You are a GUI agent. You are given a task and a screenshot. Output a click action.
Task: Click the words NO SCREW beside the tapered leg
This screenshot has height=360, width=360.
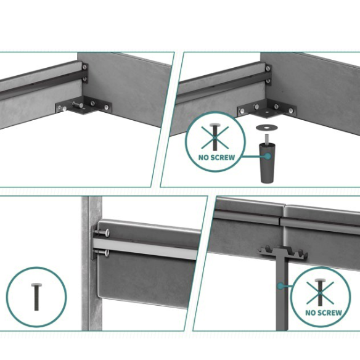click(217, 158)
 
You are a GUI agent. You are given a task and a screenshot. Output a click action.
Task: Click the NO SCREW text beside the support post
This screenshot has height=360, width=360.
click(324, 313)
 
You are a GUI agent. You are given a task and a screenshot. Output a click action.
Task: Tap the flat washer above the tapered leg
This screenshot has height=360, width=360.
click(266, 127)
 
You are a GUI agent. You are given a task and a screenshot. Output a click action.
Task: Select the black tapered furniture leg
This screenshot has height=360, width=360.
click(268, 163)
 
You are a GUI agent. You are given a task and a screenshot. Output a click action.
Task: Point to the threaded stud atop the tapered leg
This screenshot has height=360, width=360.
click(267, 139)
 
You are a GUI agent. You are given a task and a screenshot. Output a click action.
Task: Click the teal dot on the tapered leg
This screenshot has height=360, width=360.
click(268, 157)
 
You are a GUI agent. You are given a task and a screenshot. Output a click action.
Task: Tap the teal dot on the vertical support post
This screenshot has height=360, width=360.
click(280, 286)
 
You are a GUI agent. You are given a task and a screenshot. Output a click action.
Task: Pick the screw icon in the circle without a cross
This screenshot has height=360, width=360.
click(36, 297)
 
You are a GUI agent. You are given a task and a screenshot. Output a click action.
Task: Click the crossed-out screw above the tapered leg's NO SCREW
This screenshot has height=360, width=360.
click(215, 137)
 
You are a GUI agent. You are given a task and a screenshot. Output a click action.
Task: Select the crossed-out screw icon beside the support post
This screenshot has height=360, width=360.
click(320, 292)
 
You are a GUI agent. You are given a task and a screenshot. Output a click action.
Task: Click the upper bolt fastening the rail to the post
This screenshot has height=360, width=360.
click(102, 232)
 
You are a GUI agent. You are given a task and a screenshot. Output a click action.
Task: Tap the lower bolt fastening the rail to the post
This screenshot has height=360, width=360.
click(102, 253)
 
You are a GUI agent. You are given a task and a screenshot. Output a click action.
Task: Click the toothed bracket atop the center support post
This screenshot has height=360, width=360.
click(283, 253)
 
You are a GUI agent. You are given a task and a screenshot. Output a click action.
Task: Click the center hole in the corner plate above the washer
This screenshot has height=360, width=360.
click(268, 112)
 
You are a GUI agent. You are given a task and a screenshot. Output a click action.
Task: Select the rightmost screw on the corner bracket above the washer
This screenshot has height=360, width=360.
click(291, 111)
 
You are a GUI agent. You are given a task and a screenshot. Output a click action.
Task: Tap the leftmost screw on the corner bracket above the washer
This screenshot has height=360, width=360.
click(242, 111)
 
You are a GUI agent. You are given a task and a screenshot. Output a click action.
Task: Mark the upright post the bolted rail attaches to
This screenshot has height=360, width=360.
click(92, 263)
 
